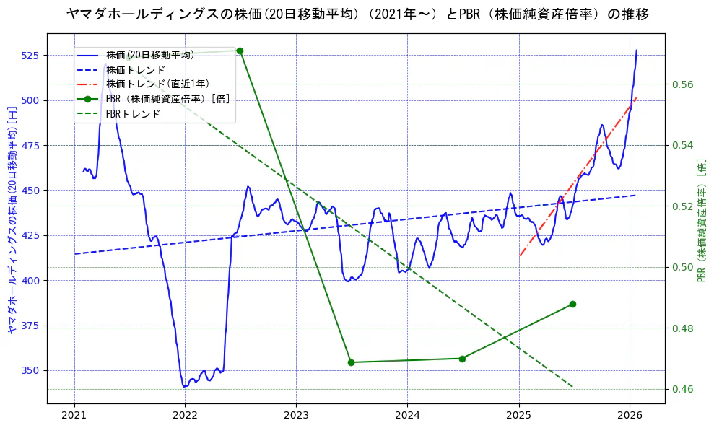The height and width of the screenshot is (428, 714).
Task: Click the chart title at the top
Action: [357, 14]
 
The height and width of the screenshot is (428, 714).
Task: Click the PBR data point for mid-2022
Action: [240, 51]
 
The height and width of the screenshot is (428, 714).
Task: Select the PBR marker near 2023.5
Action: [351, 362]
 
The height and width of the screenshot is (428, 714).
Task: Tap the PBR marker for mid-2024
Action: [462, 359]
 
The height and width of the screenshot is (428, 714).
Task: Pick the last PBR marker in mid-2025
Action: [572, 304]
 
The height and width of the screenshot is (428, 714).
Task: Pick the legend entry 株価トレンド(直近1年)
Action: [152, 84]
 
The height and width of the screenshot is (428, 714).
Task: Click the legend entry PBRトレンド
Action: [133, 114]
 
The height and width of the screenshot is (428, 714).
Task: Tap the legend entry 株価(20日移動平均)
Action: [149, 55]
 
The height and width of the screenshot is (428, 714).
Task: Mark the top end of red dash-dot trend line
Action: [636, 97]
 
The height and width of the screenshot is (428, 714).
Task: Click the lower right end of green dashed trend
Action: [572, 387]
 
